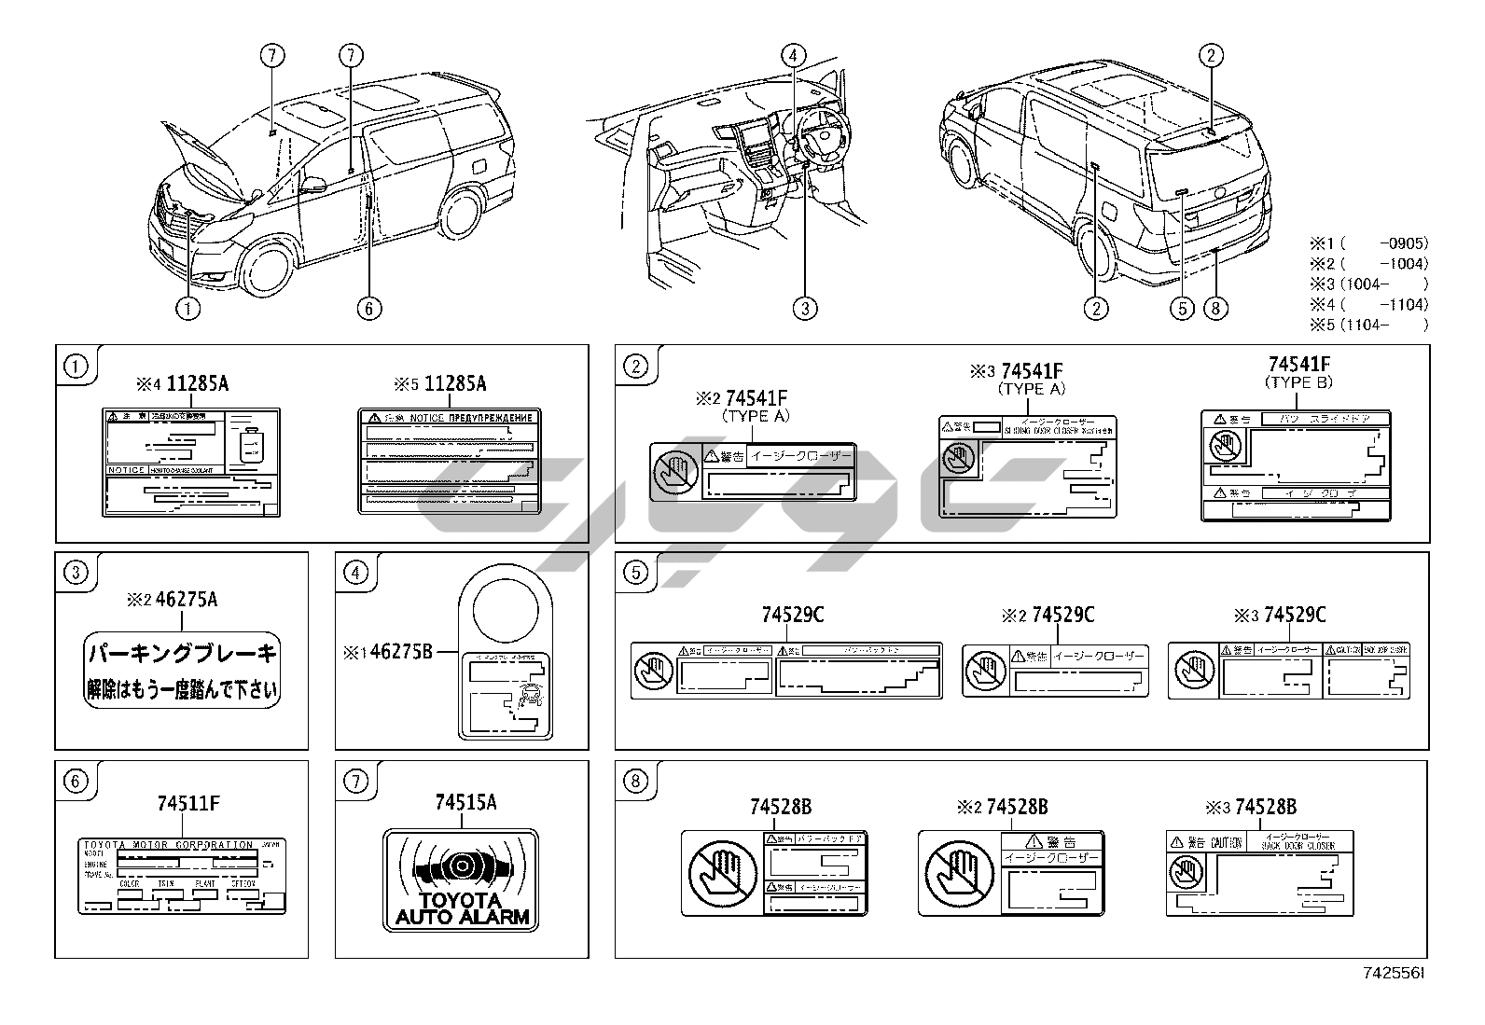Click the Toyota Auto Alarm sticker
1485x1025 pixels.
click(461, 880)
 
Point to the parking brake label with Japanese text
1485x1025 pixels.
click(182, 670)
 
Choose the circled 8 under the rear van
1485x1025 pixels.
click(1214, 308)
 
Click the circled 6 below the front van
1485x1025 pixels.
click(369, 308)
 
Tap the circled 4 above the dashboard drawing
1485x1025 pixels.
click(793, 55)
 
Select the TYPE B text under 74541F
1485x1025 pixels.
click(1298, 382)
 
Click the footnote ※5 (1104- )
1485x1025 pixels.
click(1368, 325)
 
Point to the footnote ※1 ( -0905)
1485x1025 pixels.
click(1368, 244)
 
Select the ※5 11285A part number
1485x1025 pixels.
click(441, 383)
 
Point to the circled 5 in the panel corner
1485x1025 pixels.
click(635, 573)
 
